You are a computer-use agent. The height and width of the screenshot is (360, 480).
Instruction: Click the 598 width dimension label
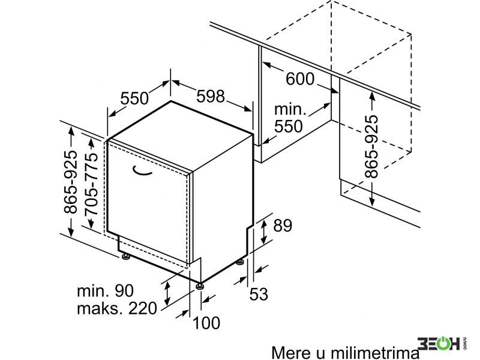[x=211, y=96]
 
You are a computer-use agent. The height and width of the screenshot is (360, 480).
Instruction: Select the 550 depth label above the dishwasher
[x=134, y=98]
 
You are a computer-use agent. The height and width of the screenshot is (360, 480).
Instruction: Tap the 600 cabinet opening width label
[x=300, y=79]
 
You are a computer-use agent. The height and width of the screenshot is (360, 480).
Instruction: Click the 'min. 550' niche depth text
[x=290, y=118]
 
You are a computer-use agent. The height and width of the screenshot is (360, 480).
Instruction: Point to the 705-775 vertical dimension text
[x=91, y=184]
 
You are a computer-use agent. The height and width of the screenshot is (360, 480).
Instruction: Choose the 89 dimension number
[x=283, y=226]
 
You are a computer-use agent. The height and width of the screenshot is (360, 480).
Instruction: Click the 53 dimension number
[x=259, y=294]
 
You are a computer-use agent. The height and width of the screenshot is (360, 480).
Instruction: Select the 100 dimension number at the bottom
[x=206, y=323]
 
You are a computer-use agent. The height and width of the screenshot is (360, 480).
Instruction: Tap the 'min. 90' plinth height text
[x=106, y=290]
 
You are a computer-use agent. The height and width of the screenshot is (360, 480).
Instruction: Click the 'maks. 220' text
[x=117, y=308]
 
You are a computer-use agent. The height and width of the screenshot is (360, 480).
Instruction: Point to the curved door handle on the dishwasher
[x=142, y=172]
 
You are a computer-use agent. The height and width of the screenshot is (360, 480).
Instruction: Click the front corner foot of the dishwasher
[x=200, y=286]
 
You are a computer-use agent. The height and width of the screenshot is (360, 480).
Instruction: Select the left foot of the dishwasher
[x=126, y=256]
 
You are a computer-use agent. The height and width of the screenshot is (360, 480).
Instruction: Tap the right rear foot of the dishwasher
[x=239, y=262]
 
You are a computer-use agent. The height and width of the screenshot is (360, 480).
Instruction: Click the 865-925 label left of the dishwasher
[x=71, y=182]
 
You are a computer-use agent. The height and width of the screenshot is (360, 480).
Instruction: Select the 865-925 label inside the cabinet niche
[x=371, y=146]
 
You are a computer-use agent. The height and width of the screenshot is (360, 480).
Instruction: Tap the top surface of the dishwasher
[x=181, y=134]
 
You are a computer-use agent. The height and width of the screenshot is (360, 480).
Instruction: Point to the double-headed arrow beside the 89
[x=263, y=232]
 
